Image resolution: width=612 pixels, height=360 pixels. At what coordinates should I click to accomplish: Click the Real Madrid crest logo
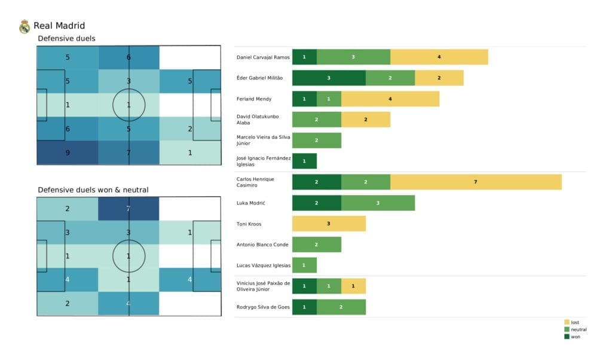[25, 26]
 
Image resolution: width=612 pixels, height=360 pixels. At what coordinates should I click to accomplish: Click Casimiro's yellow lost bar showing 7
[476, 182]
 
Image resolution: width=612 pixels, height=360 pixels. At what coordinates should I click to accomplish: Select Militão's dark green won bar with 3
[329, 78]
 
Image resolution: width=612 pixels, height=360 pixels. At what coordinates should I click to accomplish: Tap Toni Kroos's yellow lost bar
[329, 224]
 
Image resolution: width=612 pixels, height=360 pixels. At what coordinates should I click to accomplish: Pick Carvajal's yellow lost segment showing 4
[439, 57]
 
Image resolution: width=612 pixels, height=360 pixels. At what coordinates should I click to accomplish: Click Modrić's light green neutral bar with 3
[378, 203]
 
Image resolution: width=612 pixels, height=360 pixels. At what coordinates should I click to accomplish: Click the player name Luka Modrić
[252, 203]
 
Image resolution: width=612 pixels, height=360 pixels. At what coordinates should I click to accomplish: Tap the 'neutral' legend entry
[578, 330]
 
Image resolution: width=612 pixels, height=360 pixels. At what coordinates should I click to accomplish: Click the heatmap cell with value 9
[68, 152]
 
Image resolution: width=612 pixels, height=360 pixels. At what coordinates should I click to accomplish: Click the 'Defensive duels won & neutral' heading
[93, 190]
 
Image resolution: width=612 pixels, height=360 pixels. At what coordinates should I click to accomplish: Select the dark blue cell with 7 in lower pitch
[129, 209]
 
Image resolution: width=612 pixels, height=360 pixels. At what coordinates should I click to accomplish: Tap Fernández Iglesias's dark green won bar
[304, 161]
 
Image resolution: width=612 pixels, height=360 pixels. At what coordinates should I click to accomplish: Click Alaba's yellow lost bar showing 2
[365, 120]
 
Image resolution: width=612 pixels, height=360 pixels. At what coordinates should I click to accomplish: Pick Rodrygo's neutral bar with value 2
[341, 307]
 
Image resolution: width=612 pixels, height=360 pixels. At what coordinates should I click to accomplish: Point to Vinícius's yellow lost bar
[353, 286]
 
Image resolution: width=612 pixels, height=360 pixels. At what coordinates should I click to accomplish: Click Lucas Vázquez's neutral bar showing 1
[304, 265]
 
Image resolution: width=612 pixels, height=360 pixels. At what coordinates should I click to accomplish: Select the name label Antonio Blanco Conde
[263, 244]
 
